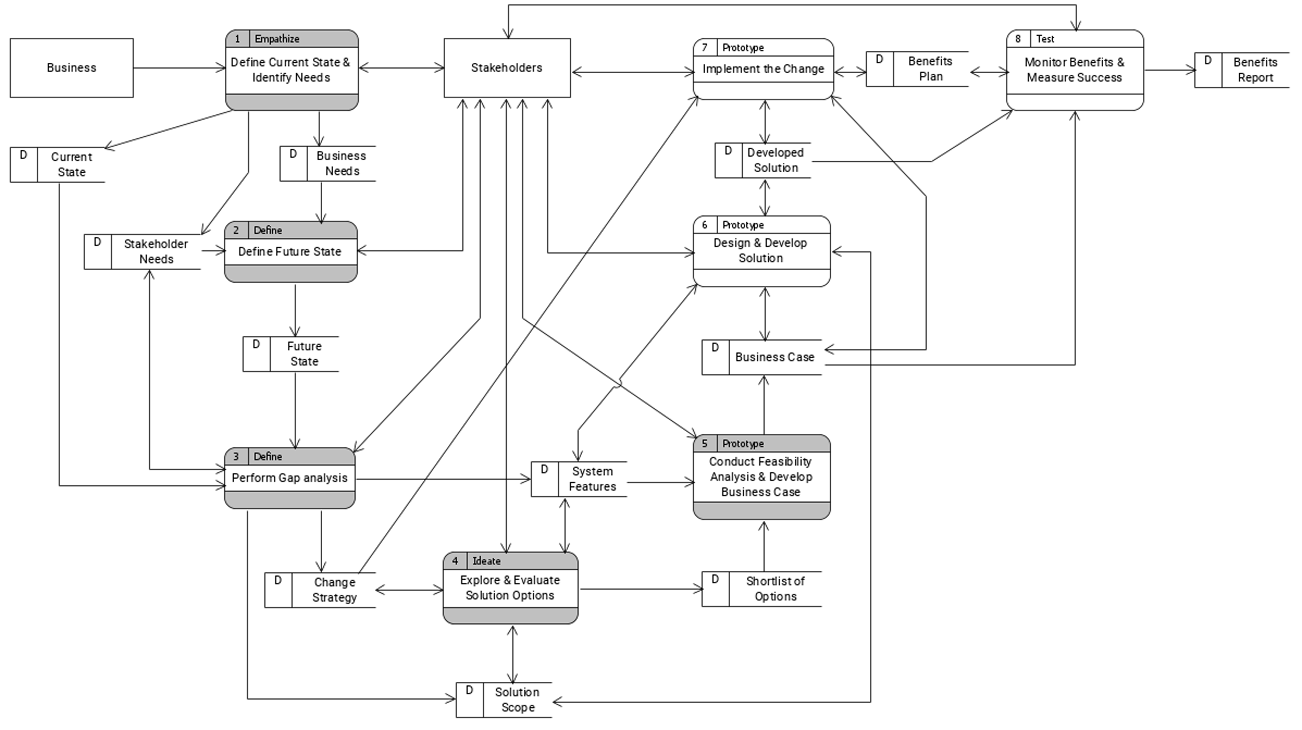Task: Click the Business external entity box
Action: [71, 68]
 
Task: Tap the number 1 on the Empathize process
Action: [237, 39]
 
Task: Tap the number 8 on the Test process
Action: [1018, 39]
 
